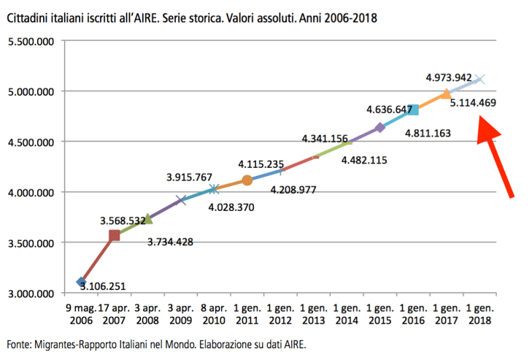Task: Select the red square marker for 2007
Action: pyautogui.click(x=114, y=235)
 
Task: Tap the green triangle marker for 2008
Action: pyautogui.click(x=147, y=218)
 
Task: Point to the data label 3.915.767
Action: pyautogui.click(x=189, y=177)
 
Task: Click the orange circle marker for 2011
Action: pyautogui.click(x=247, y=180)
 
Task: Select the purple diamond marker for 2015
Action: pyautogui.click(x=379, y=128)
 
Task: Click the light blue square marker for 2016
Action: pyautogui.click(x=413, y=110)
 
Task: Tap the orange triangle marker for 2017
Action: pyautogui.click(x=446, y=93)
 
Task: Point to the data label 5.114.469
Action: pyautogui.click(x=473, y=103)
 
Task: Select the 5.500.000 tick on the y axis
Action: pyautogui.click(x=31, y=42)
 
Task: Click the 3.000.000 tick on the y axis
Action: pyautogui.click(x=31, y=294)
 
